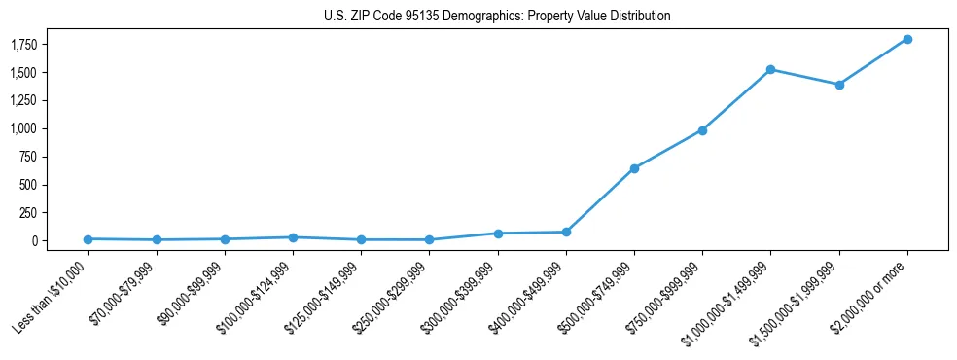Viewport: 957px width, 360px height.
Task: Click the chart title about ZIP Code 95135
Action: click(x=497, y=17)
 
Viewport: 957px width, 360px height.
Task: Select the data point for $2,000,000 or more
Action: click(x=906, y=39)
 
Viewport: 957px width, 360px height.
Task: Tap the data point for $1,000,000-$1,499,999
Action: click(x=770, y=69)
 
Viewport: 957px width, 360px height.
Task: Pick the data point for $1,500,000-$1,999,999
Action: click(x=838, y=85)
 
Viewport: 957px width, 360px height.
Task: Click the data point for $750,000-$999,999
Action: click(x=702, y=130)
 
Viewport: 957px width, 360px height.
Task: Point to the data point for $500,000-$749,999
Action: click(x=634, y=168)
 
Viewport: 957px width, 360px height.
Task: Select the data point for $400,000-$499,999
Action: click(x=566, y=232)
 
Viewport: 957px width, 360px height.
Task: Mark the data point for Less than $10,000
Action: click(x=89, y=238)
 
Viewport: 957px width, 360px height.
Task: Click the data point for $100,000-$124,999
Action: click(x=293, y=237)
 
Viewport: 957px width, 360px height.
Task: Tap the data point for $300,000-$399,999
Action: click(x=498, y=234)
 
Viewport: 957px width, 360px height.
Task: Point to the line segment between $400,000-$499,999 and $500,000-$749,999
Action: click(x=600, y=199)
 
